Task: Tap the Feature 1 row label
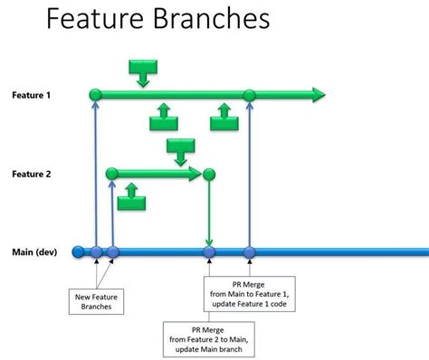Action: (x=32, y=94)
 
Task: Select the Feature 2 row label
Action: (x=32, y=173)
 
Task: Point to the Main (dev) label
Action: (x=34, y=252)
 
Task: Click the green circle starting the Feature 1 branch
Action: (x=95, y=94)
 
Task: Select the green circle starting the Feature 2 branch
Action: (x=112, y=173)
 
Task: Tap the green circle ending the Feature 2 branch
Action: (x=209, y=173)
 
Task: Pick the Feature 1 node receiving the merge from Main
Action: (x=250, y=94)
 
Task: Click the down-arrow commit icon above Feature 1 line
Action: (x=142, y=71)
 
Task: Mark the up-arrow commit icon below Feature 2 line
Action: (x=133, y=193)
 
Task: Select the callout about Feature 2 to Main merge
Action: (x=209, y=338)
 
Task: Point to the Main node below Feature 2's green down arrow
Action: (x=209, y=252)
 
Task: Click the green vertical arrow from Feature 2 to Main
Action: (x=209, y=213)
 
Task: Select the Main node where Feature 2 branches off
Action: (x=112, y=252)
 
